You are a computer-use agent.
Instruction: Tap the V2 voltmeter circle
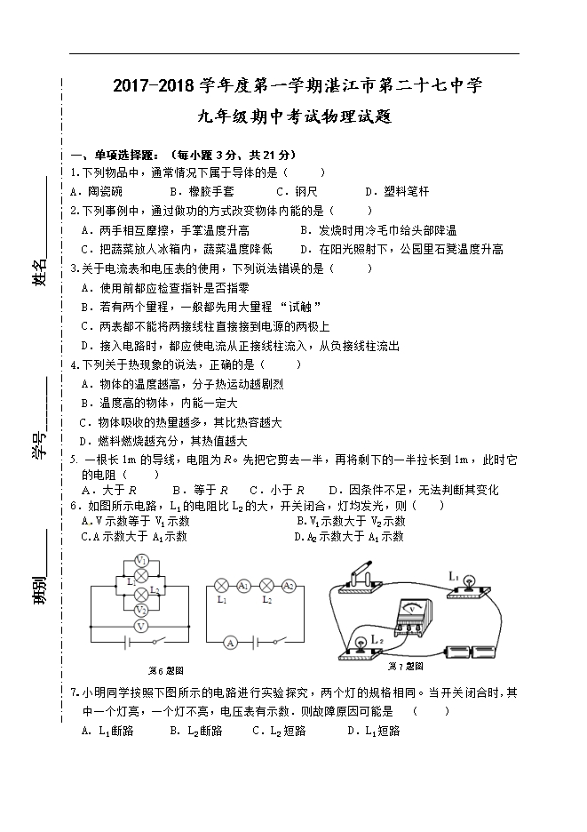tap(139, 611)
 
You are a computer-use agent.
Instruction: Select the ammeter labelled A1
tap(242, 585)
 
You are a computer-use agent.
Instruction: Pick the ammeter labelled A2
tap(288, 585)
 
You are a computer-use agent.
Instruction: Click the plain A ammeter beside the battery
tap(228, 641)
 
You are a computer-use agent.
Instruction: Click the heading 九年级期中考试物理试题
tap(294, 117)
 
